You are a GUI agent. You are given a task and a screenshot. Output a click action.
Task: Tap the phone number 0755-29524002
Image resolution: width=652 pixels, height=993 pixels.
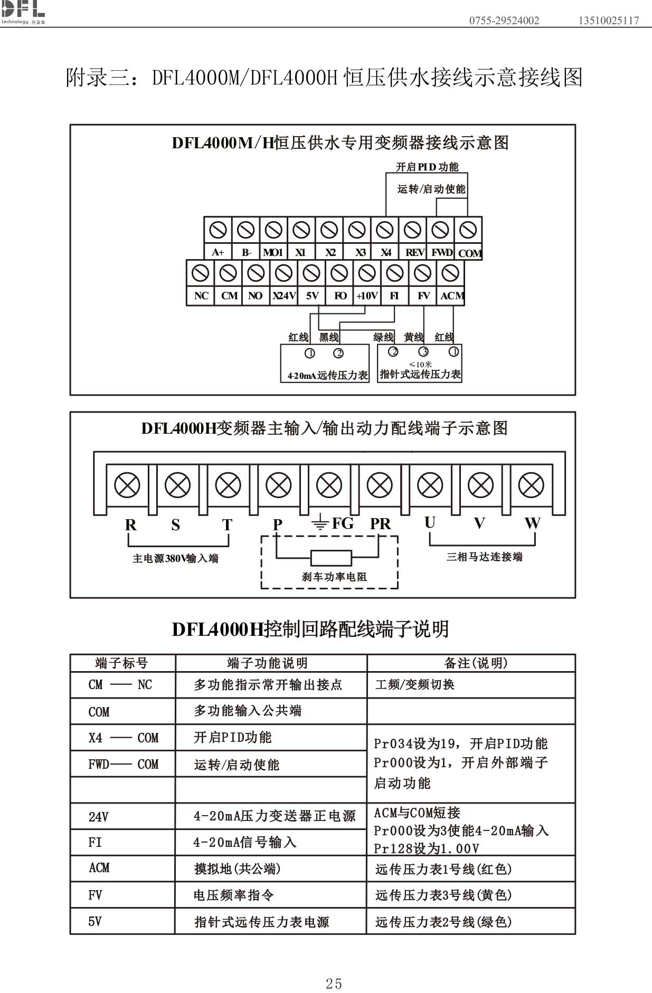pyautogui.click(x=504, y=21)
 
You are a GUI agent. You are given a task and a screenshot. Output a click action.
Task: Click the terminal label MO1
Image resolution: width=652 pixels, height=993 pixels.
pyautogui.click(x=273, y=252)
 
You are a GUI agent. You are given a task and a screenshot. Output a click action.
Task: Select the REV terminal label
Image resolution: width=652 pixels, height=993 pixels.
pyautogui.click(x=415, y=252)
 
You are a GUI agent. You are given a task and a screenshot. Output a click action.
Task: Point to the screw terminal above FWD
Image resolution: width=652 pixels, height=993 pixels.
pyautogui.click(x=440, y=230)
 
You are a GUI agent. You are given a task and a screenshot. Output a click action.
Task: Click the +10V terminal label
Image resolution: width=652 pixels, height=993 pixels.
pyautogui.click(x=367, y=296)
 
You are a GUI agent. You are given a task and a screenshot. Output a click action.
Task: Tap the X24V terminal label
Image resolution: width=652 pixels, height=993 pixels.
pyautogui.click(x=284, y=296)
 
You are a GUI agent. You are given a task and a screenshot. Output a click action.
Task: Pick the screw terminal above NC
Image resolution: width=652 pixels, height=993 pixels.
pyautogui.click(x=201, y=273)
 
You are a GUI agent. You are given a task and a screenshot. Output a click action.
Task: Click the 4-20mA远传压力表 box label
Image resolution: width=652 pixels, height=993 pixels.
pyautogui.click(x=327, y=376)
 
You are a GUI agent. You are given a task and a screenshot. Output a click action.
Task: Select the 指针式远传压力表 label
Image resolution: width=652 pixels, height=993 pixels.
pyautogui.click(x=420, y=374)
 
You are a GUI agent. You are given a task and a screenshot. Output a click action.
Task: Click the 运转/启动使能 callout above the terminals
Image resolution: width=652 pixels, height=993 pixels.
pyautogui.click(x=431, y=189)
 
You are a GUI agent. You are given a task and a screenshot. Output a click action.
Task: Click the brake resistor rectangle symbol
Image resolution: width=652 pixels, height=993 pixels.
pyautogui.click(x=331, y=558)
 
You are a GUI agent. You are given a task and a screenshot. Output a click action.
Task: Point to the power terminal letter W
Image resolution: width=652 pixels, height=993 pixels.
pyautogui.click(x=532, y=523)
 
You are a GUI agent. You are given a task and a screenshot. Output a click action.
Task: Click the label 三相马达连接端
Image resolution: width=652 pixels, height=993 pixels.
pyautogui.click(x=484, y=557)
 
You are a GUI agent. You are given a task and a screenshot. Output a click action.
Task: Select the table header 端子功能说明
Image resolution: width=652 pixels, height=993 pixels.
pyautogui.click(x=267, y=663)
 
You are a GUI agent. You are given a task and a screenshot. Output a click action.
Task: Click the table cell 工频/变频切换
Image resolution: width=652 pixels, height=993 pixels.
pyautogui.click(x=415, y=684)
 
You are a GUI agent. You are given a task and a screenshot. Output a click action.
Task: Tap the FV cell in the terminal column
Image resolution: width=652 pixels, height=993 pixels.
pyautogui.click(x=96, y=895)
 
